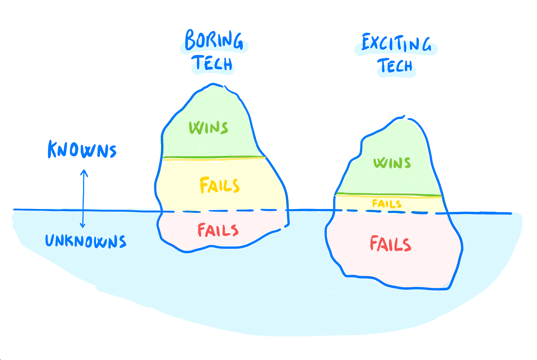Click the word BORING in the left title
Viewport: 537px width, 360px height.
pyautogui.click(x=214, y=40)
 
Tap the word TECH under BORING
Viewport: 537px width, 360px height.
pyautogui.click(x=213, y=63)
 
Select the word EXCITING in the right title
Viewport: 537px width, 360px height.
pyautogui.click(x=396, y=43)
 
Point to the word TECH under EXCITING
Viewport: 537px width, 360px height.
pyautogui.click(x=395, y=66)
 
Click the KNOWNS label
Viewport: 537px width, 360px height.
pyautogui.click(x=82, y=150)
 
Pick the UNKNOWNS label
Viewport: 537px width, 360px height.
pyautogui.click(x=86, y=241)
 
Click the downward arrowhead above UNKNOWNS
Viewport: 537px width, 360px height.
pyautogui.click(x=83, y=226)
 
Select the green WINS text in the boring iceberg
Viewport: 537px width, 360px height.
pyautogui.click(x=208, y=128)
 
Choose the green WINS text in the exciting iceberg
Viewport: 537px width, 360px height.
pyautogui.click(x=392, y=163)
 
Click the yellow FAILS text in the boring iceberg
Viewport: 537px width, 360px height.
pyautogui.click(x=219, y=185)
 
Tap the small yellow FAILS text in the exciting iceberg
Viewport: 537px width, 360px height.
pyautogui.click(x=387, y=204)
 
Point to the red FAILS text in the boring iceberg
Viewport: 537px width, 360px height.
pyautogui.click(x=218, y=230)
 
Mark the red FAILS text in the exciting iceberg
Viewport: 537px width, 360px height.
pyautogui.click(x=390, y=244)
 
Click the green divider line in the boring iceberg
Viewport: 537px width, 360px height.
pyautogui.click(x=214, y=157)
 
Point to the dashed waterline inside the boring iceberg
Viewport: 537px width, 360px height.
pyautogui.click(x=224, y=211)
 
